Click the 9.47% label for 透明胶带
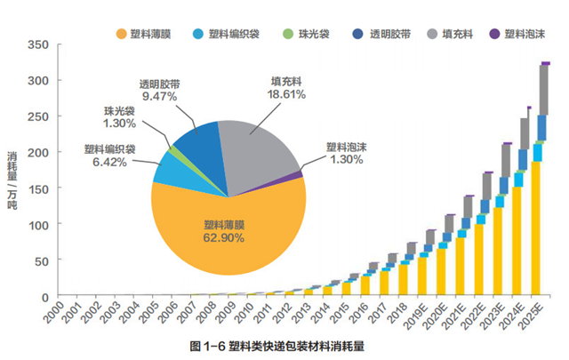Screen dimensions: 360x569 point(161,97)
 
